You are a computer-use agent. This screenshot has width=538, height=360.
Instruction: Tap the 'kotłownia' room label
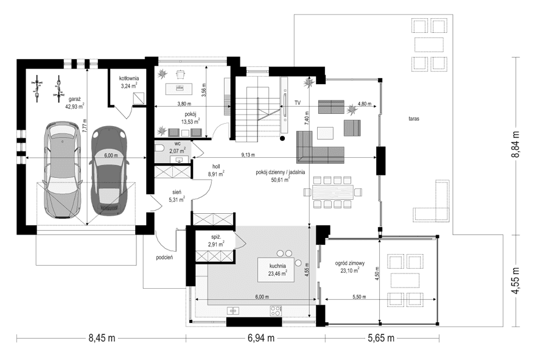point(129,79)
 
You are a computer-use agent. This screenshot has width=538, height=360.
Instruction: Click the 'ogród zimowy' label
point(349,263)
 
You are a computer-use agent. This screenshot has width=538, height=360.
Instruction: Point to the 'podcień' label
point(165,257)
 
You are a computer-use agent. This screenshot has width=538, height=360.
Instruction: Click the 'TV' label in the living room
point(298,103)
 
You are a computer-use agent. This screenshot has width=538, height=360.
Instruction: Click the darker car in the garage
point(108,170)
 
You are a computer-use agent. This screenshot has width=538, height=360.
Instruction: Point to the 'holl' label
point(216,166)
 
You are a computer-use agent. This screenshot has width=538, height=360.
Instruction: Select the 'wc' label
point(178,143)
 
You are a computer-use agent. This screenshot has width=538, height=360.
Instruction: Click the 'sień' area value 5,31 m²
point(176,199)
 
